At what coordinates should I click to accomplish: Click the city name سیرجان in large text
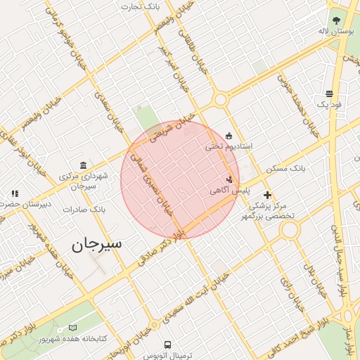96,244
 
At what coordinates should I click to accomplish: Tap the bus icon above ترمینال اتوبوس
167,345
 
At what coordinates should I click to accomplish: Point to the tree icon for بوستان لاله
336,20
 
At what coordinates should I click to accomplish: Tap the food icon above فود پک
329,94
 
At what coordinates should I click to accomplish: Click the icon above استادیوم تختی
229,136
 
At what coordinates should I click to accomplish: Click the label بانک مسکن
287,169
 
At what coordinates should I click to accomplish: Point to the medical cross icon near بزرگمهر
267,195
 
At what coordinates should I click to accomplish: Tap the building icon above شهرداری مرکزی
84,165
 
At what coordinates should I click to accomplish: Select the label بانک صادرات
84,209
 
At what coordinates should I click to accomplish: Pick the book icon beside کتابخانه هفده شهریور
73,328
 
